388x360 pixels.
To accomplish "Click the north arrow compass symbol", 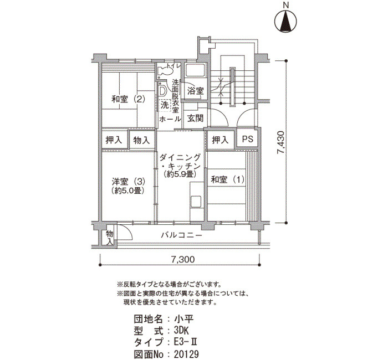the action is [286, 21].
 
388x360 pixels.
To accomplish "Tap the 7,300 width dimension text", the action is [183, 259].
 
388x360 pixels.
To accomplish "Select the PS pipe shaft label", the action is [248, 139].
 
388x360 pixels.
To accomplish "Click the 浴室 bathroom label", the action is [196, 91].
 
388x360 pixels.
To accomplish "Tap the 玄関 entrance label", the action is [195, 119].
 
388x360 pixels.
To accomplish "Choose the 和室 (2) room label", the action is [128, 99].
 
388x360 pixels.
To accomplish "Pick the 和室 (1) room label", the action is [227, 179].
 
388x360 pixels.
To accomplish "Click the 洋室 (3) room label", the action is [128, 182].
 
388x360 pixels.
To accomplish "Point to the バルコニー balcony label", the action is [182, 235].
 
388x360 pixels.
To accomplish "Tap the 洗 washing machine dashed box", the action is [165, 105].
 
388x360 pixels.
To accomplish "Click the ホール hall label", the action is [170, 119].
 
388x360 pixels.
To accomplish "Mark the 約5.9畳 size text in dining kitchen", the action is [180, 174].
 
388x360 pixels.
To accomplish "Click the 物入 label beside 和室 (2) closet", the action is [141, 141].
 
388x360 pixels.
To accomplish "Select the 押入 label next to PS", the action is [220, 140].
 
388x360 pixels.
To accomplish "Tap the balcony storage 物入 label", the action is [110, 237].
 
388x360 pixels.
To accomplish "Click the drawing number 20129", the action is [187, 354].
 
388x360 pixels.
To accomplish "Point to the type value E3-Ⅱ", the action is [186, 342].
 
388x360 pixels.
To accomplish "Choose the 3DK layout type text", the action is [181, 331].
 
